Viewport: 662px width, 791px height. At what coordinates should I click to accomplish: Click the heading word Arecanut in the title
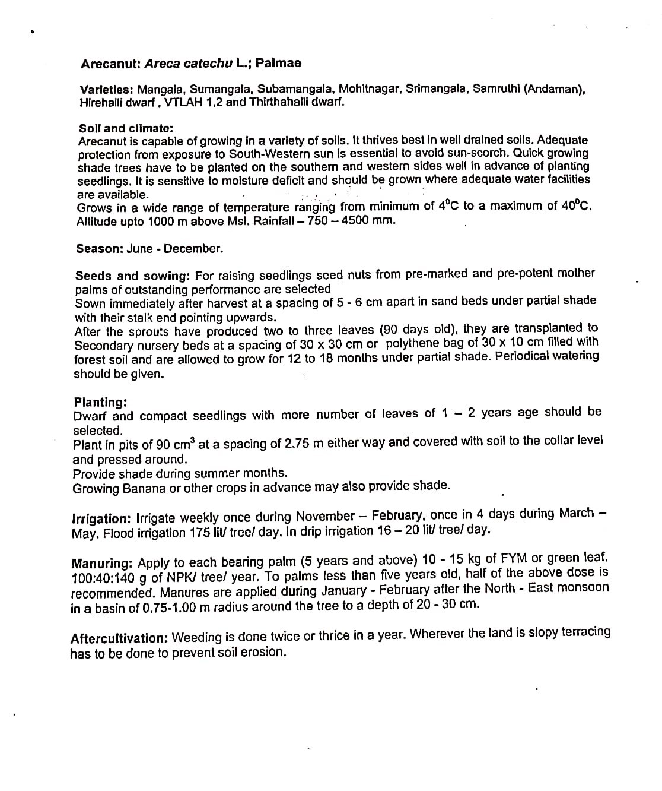[110, 63]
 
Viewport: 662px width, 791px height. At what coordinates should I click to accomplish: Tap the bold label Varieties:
[106, 90]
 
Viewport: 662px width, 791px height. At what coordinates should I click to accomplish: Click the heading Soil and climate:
[126, 128]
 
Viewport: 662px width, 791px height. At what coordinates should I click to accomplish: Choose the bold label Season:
[98, 249]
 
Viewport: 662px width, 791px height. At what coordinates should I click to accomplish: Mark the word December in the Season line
[193, 249]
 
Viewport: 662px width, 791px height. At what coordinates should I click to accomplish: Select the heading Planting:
[100, 402]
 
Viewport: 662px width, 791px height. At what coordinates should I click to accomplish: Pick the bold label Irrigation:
[101, 518]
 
